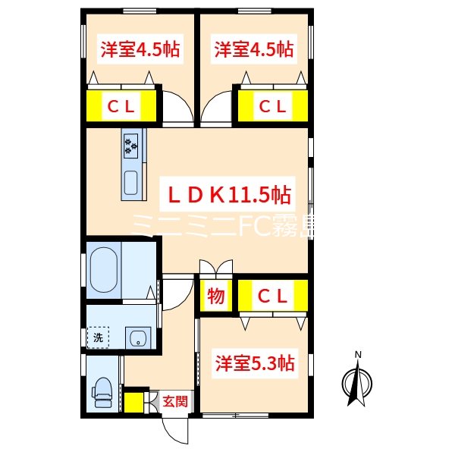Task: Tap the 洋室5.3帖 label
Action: tap(253, 363)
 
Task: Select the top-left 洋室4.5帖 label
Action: tap(140, 51)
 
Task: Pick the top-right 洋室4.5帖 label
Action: tap(253, 51)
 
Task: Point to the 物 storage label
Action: tap(216, 297)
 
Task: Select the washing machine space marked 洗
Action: tap(98, 337)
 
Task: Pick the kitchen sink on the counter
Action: tap(132, 183)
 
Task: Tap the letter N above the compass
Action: tap(359, 354)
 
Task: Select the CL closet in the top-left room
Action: tap(121, 107)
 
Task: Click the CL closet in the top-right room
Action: tap(273, 107)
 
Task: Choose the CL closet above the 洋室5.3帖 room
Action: tap(271, 297)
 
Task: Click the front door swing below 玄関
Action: tap(176, 431)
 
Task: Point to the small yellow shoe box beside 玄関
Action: tap(137, 401)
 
